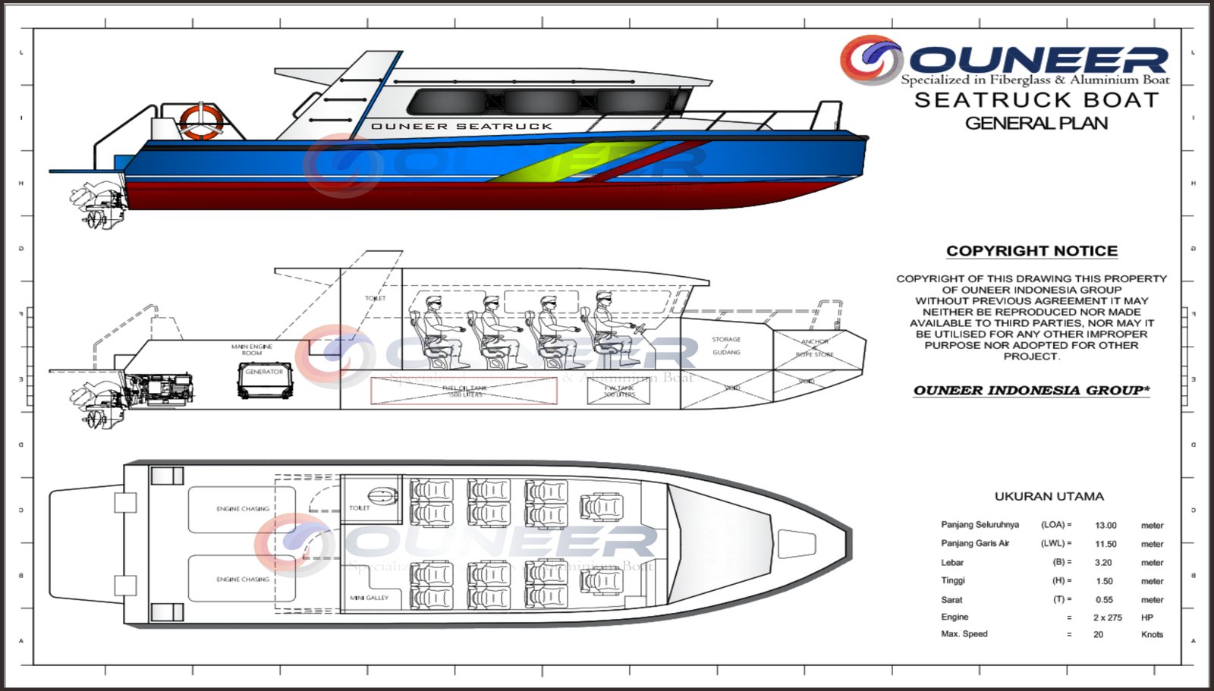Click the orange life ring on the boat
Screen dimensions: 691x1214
[x=200, y=121]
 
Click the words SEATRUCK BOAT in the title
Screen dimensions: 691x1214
[x=1036, y=100]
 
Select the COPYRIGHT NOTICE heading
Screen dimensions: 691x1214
[x=1031, y=251]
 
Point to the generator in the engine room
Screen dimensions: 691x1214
[x=264, y=380]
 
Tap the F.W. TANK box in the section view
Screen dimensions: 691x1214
[x=619, y=391]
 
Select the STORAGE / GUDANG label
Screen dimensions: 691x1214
[x=726, y=345]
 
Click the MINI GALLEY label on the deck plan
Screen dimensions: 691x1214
[x=369, y=598]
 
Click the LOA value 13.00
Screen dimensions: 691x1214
[x=1105, y=525]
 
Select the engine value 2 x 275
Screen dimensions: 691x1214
[x=1107, y=617]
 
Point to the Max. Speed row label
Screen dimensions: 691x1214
[x=964, y=634]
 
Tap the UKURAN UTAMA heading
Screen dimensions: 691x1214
[x=1049, y=496]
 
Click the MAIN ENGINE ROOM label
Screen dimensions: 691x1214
[x=252, y=350]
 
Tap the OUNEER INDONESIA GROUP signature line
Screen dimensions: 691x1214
[x=1031, y=390]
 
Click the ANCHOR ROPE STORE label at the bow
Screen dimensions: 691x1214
[x=814, y=347]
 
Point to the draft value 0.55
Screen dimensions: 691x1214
[x=1104, y=599]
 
